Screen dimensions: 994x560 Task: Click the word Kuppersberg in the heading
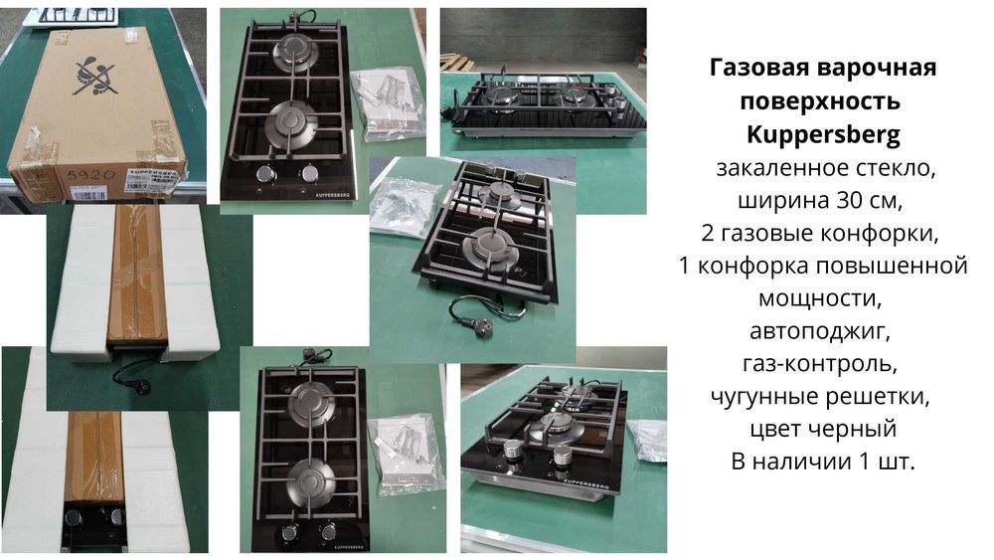click(823, 134)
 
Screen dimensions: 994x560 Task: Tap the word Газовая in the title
click(758, 68)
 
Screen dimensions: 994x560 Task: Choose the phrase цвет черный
click(823, 429)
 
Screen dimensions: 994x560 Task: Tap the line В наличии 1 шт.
click(823, 462)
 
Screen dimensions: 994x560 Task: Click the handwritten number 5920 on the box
click(90, 174)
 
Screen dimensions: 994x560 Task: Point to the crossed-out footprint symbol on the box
click(94, 75)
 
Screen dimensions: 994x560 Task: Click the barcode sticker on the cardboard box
click(88, 193)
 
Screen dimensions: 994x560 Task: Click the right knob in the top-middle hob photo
click(310, 173)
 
